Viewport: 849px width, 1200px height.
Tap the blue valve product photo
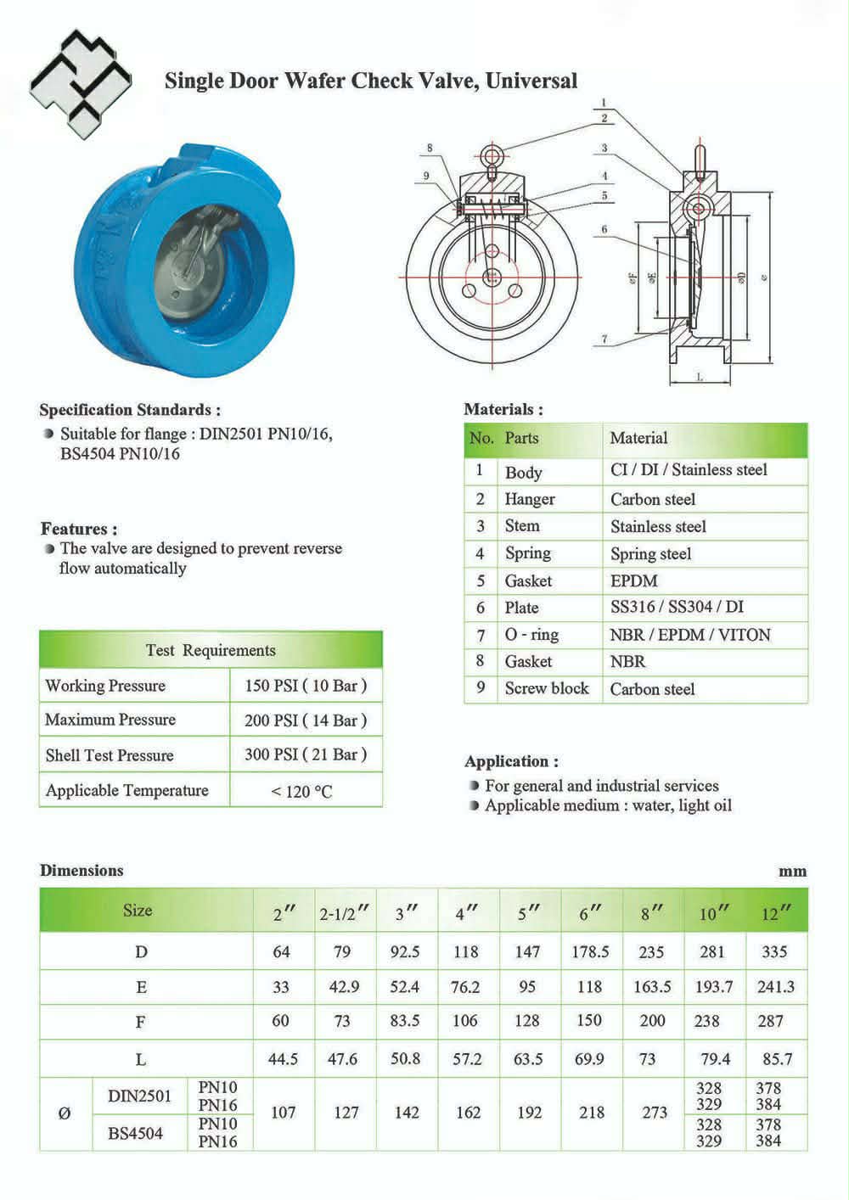click(187, 245)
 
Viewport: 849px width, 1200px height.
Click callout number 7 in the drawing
click(604, 339)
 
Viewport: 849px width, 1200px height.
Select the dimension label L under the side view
click(699, 377)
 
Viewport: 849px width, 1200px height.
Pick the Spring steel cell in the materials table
click(651, 554)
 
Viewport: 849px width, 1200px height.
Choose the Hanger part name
click(530, 499)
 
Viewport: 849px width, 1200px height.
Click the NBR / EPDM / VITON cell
click(690, 635)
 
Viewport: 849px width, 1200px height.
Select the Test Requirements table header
click(211, 651)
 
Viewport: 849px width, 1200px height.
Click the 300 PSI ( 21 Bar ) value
click(306, 754)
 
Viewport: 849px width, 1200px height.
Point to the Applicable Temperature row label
click(127, 790)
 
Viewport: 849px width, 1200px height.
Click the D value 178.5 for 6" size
click(590, 952)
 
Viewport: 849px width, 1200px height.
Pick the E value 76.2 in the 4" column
click(465, 987)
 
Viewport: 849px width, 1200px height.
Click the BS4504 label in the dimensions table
click(135, 1133)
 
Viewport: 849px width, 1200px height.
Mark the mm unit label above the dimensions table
click(792, 872)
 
